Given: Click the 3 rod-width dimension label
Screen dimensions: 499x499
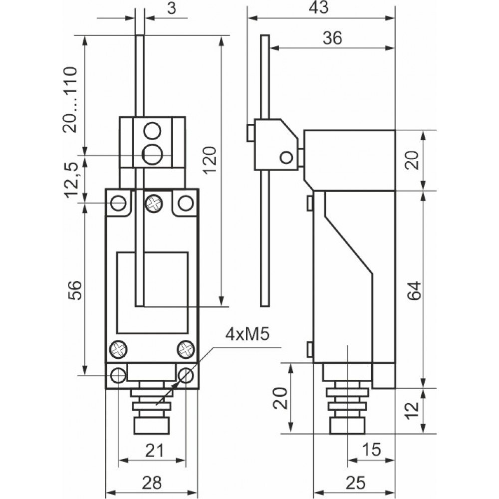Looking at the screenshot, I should pyautogui.click(x=171, y=9).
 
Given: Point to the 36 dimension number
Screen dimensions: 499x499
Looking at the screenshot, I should pyautogui.click(x=332, y=38).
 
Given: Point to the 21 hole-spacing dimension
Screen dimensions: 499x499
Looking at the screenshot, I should pyautogui.click(x=154, y=452).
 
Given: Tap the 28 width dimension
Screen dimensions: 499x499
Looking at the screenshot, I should pyautogui.click(x=151, y=482).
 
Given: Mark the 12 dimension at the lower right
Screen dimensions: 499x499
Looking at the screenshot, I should pyautogui.click(x=412, y=410).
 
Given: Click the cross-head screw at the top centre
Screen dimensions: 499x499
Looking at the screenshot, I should pyautogui.click(x=152, y=203).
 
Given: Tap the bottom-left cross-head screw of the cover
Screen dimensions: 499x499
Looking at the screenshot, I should pyautogui.click(x=119, y=348).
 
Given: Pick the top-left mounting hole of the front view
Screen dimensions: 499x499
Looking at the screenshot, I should pyautogui.click(x=118, y=203).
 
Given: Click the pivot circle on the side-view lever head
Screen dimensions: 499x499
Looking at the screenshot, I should pyautogui.click(x=286, y=158).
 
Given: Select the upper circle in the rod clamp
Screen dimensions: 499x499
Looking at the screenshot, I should pyautogui.click(x=151, y=132).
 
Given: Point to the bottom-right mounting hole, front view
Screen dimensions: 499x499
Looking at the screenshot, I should pyautogui.click(x=186, y=375).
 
